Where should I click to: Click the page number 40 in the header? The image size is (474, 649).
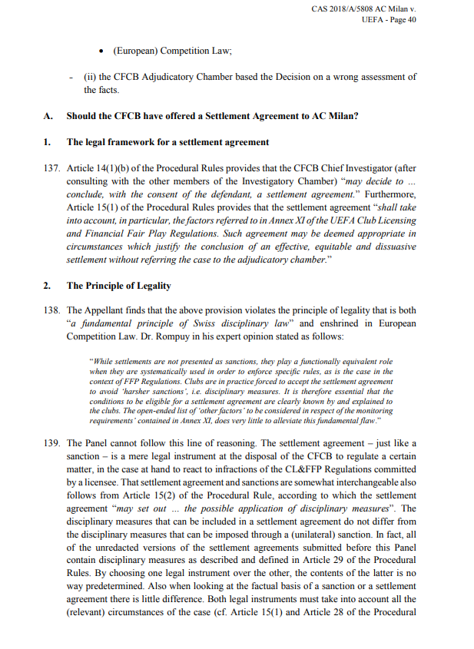click(411, 21)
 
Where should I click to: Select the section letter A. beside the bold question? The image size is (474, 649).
click(48, 117)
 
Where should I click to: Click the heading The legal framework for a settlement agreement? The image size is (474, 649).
click(167, 142)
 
